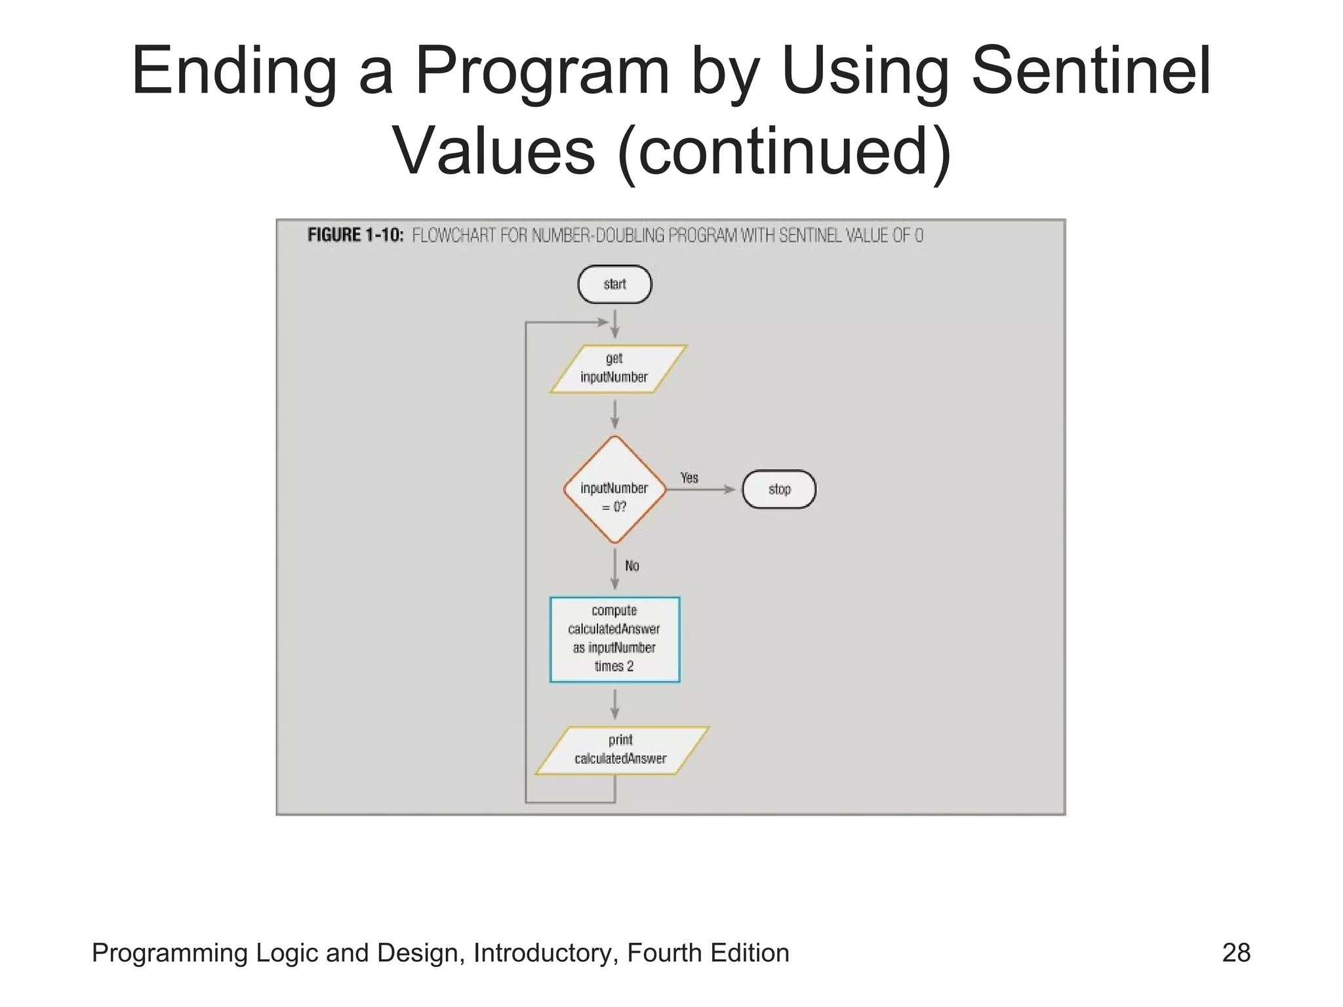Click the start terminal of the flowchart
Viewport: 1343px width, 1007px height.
[614, 284]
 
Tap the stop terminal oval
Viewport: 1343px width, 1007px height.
[779, 489]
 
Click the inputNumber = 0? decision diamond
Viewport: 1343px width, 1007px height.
[614, 490]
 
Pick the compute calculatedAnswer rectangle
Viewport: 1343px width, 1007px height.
[614, 639]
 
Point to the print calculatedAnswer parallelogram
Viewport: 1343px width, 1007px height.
[621, 750]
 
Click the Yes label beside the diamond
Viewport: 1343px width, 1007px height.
[689, 478]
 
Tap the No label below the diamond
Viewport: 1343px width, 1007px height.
[631, 566]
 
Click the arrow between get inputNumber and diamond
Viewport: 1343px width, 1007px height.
[614, 415]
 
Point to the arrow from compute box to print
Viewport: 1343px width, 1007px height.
[614, 705]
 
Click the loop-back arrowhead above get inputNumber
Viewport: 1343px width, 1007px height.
[601, 322]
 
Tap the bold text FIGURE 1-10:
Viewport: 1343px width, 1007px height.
[355, 235]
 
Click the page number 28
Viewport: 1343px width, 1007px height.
[1236, 953]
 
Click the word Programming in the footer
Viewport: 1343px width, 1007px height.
[169, 953]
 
